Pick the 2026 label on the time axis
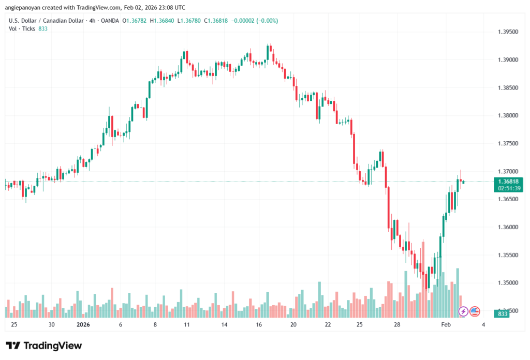tap(83, 325)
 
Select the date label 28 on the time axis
tap(397, 325)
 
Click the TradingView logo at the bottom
tap(43, 346)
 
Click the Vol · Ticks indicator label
tap(22, 29)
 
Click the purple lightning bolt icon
tap(463, 311)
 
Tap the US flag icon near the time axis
tap(475, 311)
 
